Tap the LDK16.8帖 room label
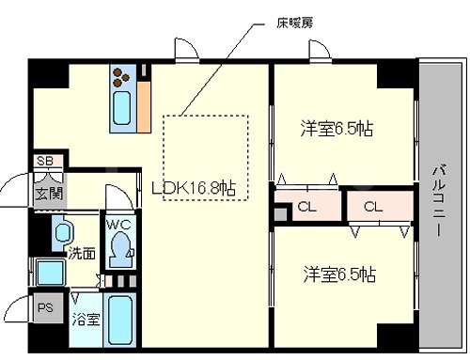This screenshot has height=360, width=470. pos(195,187)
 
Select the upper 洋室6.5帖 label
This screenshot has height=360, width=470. pos(337,128)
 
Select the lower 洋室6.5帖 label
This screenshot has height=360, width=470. pos(339,274)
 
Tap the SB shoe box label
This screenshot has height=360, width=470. pos(45,162)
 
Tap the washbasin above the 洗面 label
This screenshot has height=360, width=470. pos(63,231)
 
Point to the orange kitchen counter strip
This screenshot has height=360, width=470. pos(145,102)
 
